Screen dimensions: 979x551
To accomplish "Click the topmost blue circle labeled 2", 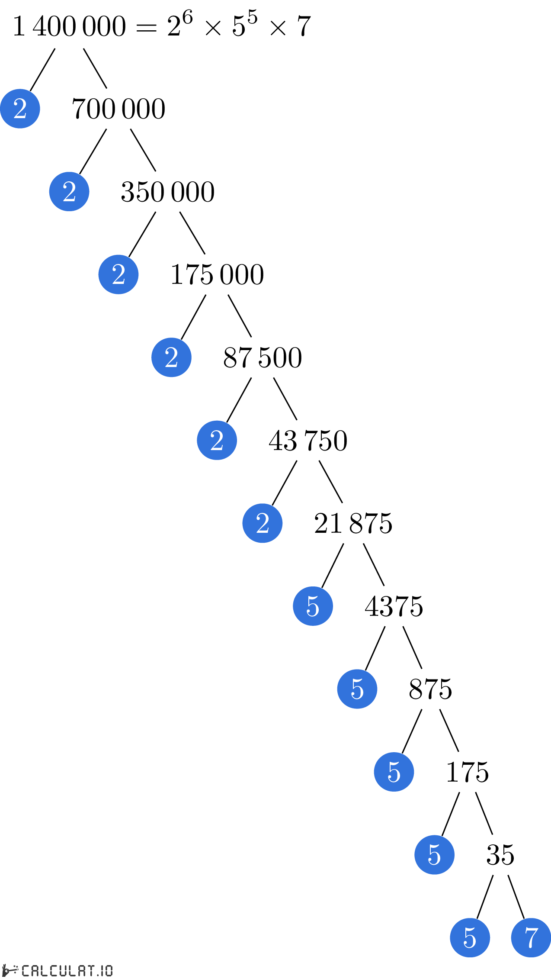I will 20,109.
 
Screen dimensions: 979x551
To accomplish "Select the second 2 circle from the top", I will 69,192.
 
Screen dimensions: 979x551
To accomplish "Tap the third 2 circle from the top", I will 119,274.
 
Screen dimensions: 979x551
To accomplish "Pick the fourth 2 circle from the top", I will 171,357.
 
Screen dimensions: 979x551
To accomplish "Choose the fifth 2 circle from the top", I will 217,440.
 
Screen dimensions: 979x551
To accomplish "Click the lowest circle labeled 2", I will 262,523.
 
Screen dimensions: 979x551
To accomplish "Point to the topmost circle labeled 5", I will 313,606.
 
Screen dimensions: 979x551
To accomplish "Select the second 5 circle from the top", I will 357,689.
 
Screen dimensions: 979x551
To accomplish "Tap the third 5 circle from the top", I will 394,772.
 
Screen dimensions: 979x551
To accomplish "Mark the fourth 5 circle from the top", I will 434,855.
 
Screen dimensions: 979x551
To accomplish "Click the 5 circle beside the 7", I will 470,937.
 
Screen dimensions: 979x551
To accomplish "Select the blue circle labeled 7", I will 531,937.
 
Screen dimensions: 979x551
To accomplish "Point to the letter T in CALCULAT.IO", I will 90,971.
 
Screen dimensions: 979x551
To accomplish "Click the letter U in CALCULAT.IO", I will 61,971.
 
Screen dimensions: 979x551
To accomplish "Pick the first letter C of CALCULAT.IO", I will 26,971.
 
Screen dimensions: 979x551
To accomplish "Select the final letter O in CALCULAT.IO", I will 109,971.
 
